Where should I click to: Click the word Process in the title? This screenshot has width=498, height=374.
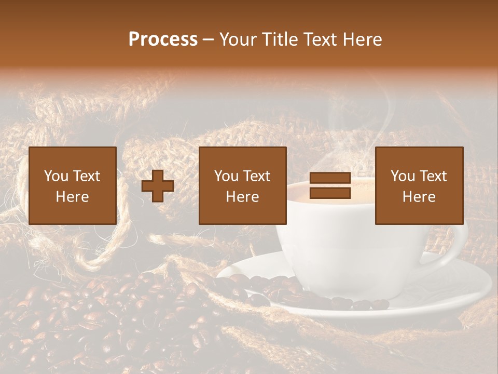pos(163,39)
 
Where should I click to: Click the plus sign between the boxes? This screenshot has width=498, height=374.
pos(158,186)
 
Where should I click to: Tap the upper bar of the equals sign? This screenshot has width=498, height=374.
pos(330,178)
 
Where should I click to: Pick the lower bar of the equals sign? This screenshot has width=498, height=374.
pos(330,193)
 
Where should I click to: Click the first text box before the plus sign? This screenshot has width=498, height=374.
pos(72,185)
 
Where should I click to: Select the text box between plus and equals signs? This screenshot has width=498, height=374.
pos(242,185)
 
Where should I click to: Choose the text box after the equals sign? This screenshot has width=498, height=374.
pos(419,185)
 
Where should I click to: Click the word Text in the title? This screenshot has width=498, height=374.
pos(321,39)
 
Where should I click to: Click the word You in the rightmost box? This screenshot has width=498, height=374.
pos(402,176)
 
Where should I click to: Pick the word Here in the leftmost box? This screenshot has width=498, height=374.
pos(72,197)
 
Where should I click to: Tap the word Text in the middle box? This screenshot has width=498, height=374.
pos(257,176)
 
